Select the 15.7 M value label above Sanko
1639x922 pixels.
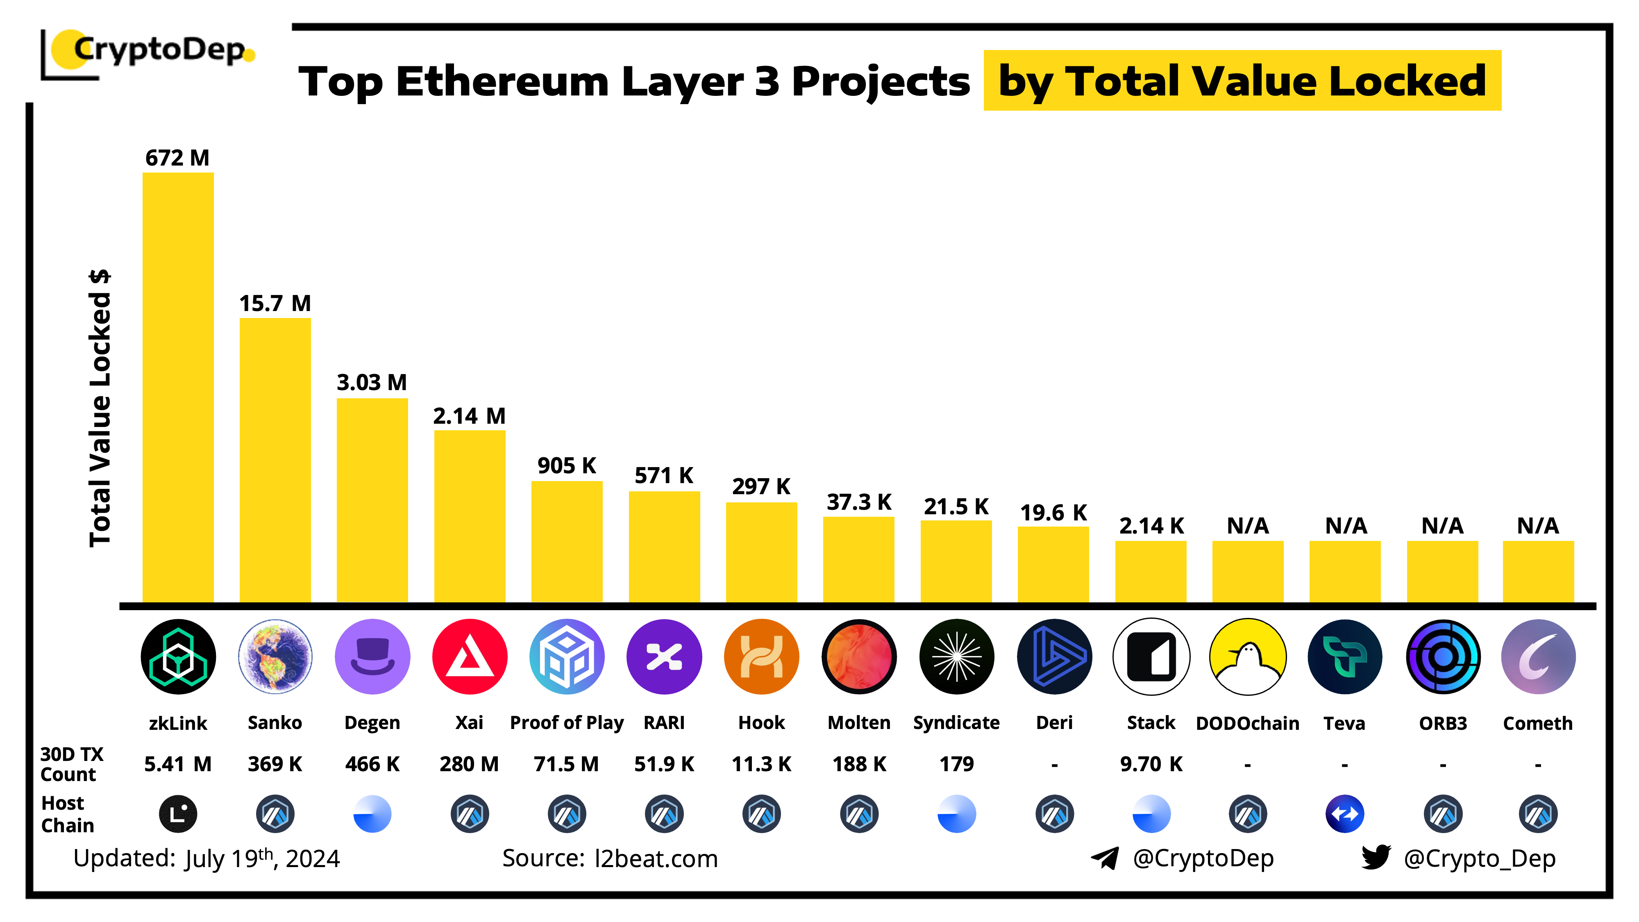point(275,304)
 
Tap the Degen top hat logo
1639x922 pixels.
point(372,656)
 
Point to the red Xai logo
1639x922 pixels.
point(470,656)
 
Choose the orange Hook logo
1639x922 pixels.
point(762,656)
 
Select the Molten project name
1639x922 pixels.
point(859,723)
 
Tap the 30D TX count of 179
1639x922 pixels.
point(956,763)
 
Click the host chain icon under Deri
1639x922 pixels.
point(1054,814)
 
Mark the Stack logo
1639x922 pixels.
point(1151,656)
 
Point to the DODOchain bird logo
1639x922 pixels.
point(1248,656)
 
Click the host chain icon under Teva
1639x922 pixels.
point(1344,814)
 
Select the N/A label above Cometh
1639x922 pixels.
point(1538,526)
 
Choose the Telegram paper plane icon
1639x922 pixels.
point(1105,858)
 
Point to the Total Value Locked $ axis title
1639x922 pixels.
point(100,407)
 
